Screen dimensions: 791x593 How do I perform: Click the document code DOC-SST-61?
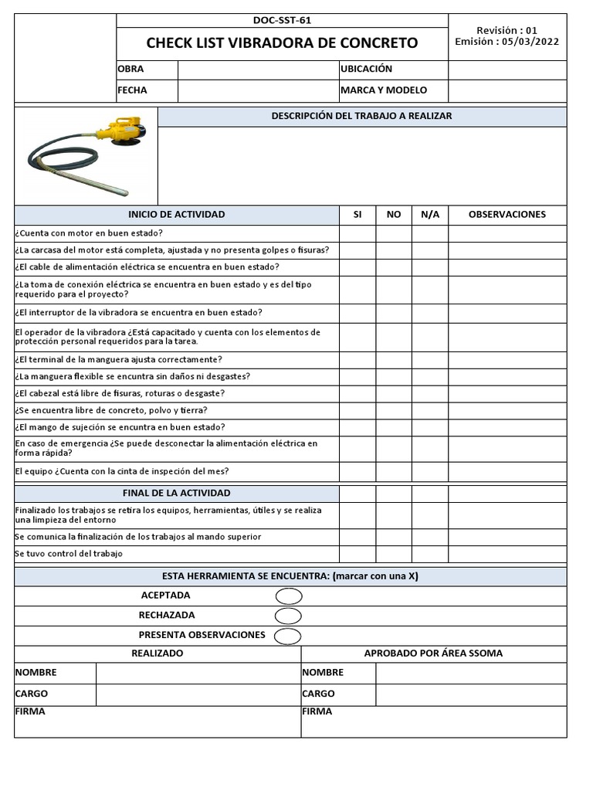pyautogui.click(x=282, y=21)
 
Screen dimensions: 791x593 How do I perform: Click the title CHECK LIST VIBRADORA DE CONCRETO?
pyautogui.click(x=282, y=43)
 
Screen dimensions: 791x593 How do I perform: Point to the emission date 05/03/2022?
pyautogui.click(x=531, y=42)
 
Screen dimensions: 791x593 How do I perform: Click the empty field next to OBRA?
pyautogui.click(x=258, y=69)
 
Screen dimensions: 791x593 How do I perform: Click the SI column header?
pyautogui.click(x=357, y=215)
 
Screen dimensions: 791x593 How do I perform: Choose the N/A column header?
pyautogui.click(x=430, y=215)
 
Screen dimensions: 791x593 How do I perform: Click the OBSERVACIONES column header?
pyautogui.click(x=507, y=215)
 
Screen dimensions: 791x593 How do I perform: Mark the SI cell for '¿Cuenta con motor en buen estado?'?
pyautogui.click(x=357, y=233)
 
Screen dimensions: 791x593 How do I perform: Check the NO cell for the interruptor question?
pyautogui.click(x=394, y=313)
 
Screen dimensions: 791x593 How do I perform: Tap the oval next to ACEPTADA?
pyautogui.click(x=288, y=596)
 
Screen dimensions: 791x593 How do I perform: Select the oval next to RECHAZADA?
pyautogui.click(x=288, y=616)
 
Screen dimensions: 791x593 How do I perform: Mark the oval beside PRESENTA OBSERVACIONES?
pyautogui.click(x=288, y=636)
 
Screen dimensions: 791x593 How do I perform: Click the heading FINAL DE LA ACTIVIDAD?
pyautogui.click(x=177, y=494)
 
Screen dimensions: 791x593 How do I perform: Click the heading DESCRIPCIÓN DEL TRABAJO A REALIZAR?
pyautogui.click(x=361, y=116)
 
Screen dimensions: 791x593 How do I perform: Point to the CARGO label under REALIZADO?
pyautogui.click(x=32, y=694)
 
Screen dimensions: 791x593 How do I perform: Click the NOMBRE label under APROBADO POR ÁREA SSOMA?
pyautogui.click(x=323, y=673)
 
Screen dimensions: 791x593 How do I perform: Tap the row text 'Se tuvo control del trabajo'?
pyautogui.click(x=69, y=554)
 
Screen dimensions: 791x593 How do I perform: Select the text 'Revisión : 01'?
pyautogui.click(x=507, y=30)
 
